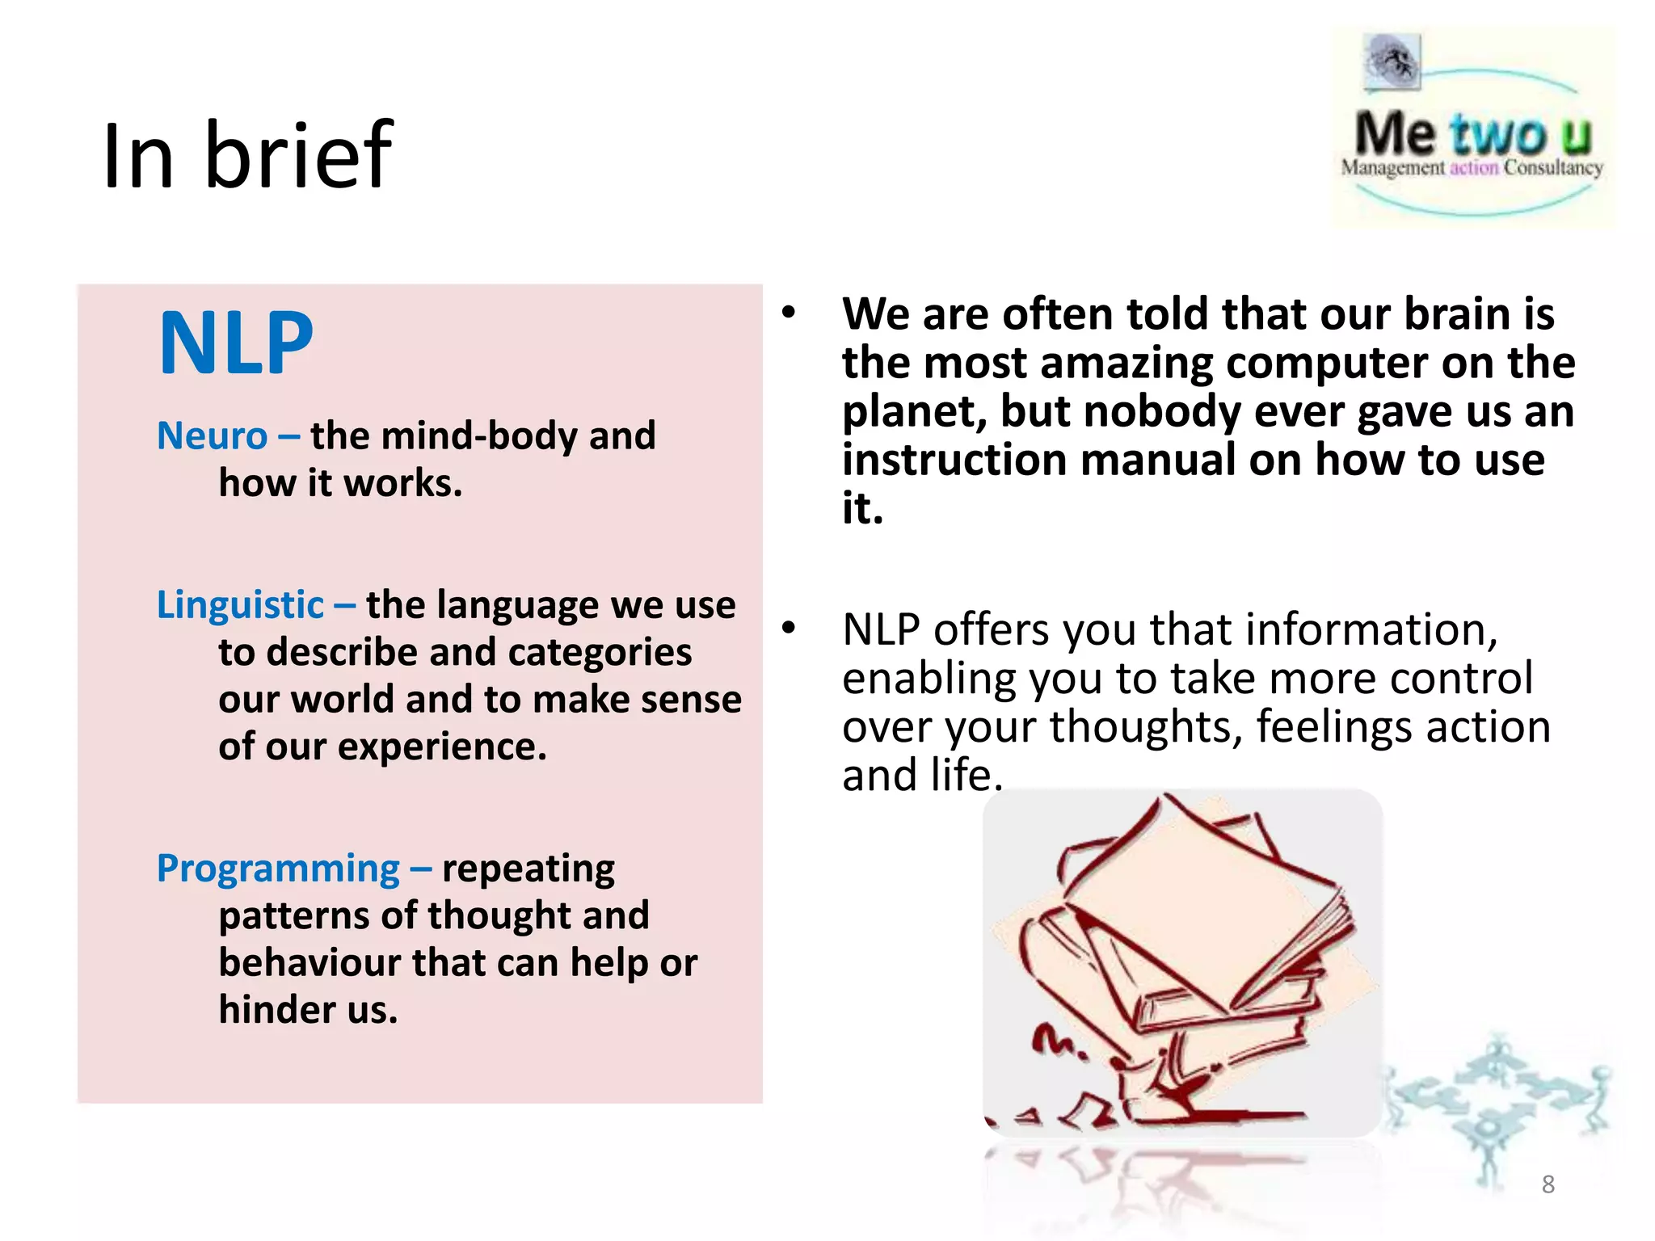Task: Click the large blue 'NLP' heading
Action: [x=236, y=344]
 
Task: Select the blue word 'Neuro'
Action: [x=212, y=436]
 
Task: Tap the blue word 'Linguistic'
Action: [x=240, y=605]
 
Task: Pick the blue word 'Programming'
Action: [x=278, y=869]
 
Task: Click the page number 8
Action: [x=1548, y=1184]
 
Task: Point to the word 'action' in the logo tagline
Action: [x=1474, y=168]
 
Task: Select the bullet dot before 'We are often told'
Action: [x=789, y=313]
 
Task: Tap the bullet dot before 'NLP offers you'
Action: [x=789, y=628]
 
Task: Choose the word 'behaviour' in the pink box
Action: [x=310, y=963]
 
